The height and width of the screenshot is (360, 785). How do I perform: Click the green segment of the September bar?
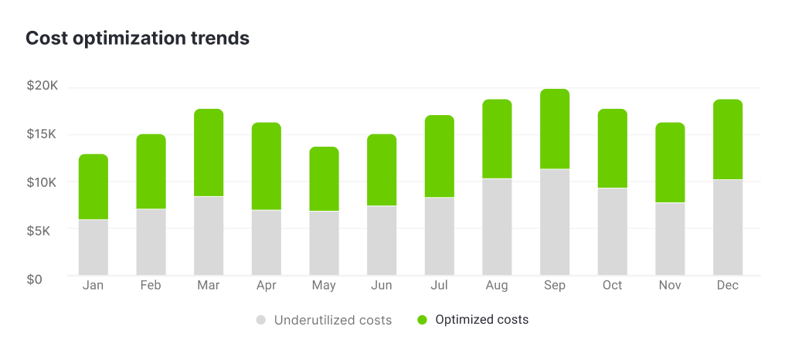pos(555,129)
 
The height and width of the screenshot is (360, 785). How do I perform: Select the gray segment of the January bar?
pos(93,247)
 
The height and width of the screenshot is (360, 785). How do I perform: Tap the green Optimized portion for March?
pos(209,153)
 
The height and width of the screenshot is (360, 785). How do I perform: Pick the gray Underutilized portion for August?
pos(497,227)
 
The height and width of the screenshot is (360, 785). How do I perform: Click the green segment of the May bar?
pos(324,178)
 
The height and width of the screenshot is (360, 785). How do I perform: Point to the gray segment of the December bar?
pos(728,227)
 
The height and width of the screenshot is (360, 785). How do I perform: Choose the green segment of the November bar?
pos(670,162)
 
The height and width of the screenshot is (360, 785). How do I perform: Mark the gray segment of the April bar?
pos(267,243)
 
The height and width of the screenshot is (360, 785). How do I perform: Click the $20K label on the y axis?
pos(42,87)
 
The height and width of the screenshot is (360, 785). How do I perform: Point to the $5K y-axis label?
pos(44,230)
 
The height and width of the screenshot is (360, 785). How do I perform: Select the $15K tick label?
pos(42,134)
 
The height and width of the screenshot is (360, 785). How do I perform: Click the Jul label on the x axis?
pos(439,286)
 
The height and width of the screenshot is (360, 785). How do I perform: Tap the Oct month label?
pos(612,286)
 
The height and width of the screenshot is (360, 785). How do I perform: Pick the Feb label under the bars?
pos(151,286)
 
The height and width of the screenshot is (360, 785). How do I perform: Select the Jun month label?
pos(382,286)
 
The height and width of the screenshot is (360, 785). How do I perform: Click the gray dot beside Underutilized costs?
pos(261,320)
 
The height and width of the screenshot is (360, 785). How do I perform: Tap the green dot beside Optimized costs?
pos(422,320)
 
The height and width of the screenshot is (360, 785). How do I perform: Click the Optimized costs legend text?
pos(481,320)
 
